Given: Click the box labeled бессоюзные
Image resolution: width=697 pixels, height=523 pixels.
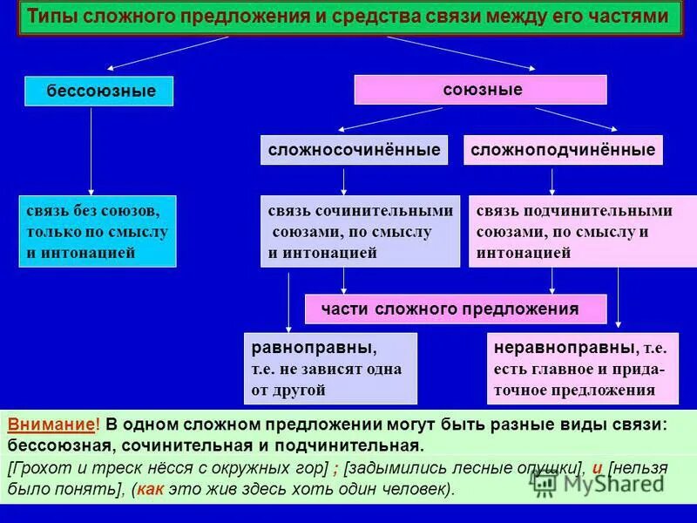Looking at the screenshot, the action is (x=99, y=91).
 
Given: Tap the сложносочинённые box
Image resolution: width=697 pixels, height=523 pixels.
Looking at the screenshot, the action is (x=354, y=151).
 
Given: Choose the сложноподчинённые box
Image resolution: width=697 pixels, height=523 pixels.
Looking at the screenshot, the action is (x=563, y=151).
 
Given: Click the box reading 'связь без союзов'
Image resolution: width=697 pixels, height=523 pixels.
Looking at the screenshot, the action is (x=97, y=231).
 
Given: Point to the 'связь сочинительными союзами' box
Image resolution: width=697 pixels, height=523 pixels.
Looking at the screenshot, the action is (x=360, y=231).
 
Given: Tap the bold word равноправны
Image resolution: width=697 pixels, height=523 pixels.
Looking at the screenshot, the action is (x=313, y=348).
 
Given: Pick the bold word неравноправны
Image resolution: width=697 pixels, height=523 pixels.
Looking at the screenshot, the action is (x=561, y=348).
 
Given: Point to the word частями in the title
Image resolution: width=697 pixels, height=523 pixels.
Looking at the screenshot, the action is (x=632, y=17).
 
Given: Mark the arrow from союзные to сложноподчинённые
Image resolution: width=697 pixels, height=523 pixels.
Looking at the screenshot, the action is (x=577, y=119).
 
